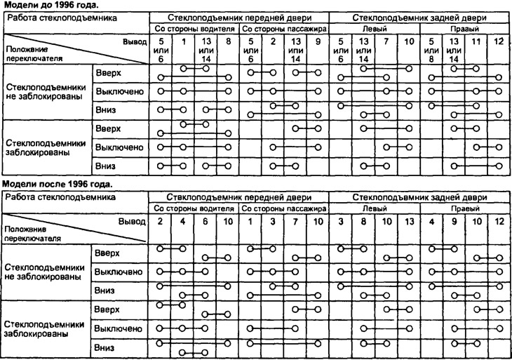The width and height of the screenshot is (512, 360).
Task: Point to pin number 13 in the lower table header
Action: click(408, 222)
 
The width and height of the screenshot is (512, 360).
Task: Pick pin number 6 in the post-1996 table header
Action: click(205, 222)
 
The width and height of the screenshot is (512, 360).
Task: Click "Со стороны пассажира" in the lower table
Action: click(283, 209)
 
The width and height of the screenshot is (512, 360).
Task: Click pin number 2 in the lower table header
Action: click(160, 222)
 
